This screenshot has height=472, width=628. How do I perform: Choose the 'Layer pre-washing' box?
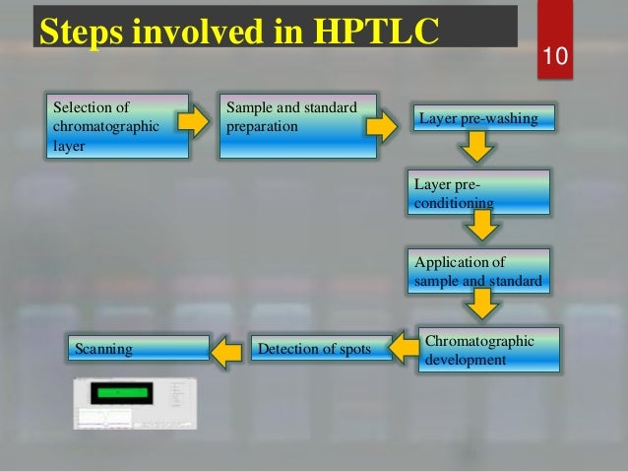(483, 120)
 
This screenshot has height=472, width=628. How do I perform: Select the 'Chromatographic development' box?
(488, 351)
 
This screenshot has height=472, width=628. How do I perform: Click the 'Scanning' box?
(137, 348)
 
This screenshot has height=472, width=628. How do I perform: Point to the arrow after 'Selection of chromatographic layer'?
(194, 122)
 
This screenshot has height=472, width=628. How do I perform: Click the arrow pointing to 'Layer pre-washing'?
(380, 126)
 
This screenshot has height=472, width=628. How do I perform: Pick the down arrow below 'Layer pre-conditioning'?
(480, 229)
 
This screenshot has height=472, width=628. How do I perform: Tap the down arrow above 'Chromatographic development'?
(480, 308)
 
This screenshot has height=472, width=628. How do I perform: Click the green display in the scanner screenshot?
(116, 392)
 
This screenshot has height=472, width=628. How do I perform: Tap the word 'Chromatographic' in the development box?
(480, 341)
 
